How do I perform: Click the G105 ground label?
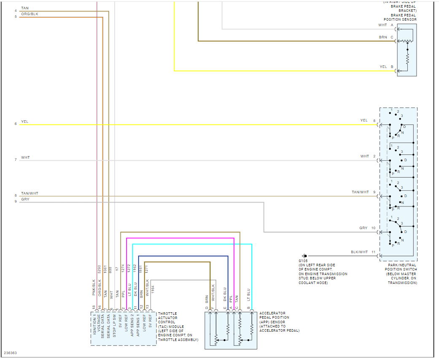click(303, 261)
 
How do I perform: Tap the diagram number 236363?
click(11, 353)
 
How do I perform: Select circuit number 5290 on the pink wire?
click(99, 269)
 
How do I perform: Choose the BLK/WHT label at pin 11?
click(359, 252)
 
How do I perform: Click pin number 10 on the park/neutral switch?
click(373, 228)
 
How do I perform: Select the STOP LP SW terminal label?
click(114, 325)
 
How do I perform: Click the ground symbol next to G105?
click(304, 256)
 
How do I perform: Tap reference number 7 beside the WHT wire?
click(16, 160)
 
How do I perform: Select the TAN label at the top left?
click(25, 8)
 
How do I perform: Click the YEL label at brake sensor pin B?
click(383, 67)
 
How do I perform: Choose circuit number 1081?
click(105, 269)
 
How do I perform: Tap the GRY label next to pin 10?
click(363, 228)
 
